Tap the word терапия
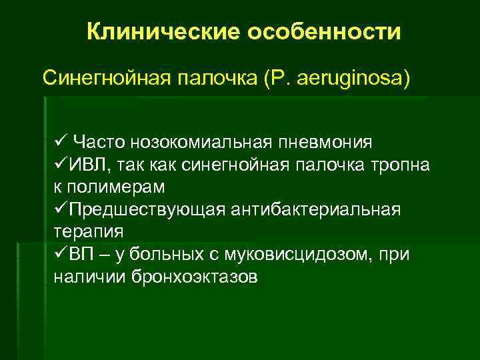coord(87,231)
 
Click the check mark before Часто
coord(58,141)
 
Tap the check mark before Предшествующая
coord(58,209)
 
